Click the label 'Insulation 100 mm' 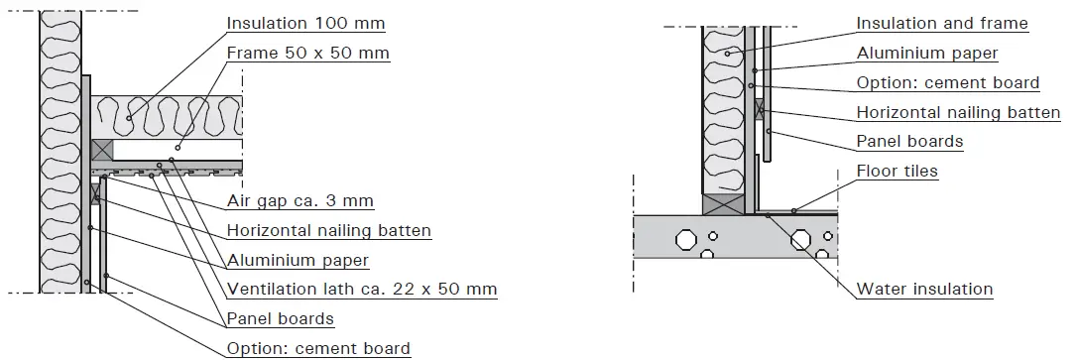tap(305, 23)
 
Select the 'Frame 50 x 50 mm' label tap(307, 53)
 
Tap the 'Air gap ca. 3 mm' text tap(299, 201)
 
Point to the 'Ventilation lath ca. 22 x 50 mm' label tap(361, 290)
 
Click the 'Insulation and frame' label tap(941, 23)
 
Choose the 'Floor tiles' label tap(897, 172)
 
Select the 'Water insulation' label tap(924, 290)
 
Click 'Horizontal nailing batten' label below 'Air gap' tap(328, 231)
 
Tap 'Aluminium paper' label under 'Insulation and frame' tap(926, 54)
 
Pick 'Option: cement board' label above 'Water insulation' tap(947, 83)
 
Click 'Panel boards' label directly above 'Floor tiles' tap(909, 142)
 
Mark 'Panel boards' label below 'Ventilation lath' tap(280, 319)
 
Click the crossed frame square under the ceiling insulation tap(102, 150)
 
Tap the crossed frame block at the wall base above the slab tap(723, 204)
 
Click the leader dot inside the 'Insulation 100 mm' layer tap(129, 118)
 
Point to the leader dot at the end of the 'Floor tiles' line tap(793, 210)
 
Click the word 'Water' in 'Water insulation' tap(880, 290)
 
